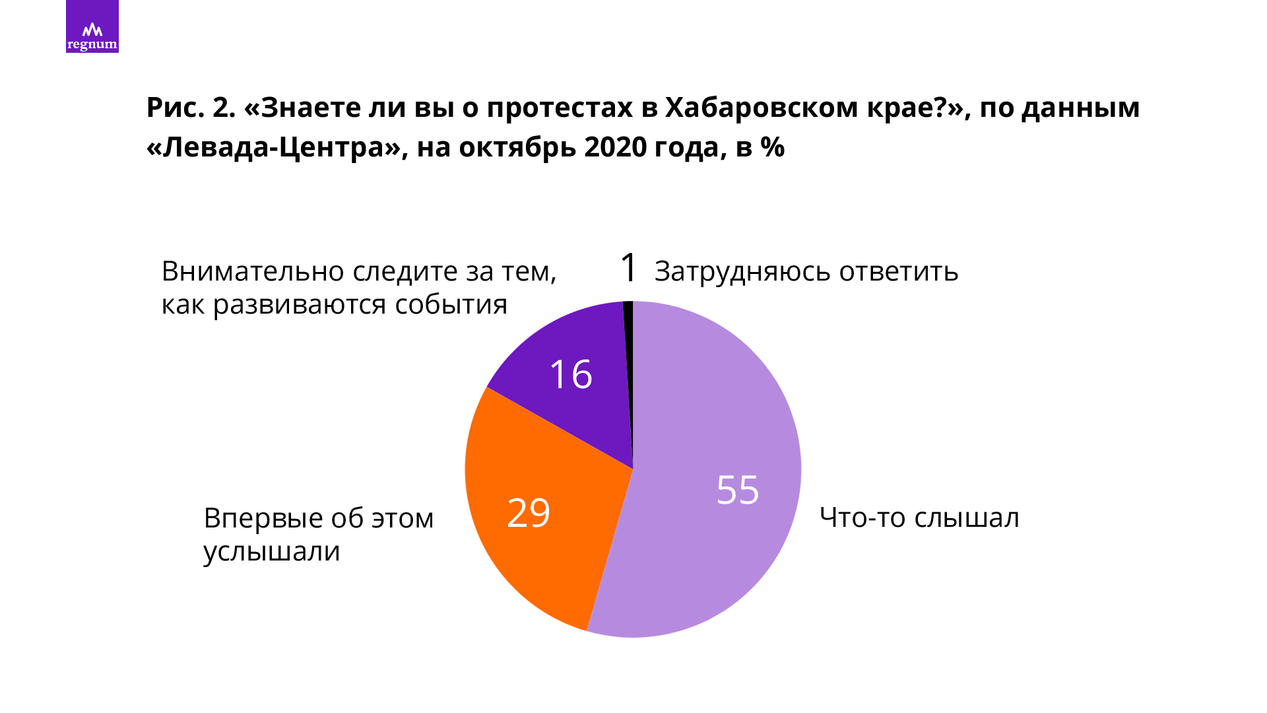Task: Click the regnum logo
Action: pyautogui.click(x=92, y=26)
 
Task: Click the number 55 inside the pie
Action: pyautogui.click(x=738, y=490)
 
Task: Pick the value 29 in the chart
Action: pyautogui.click(x=529, y=513)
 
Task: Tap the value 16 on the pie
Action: pyautogui.click(x=571, y=374)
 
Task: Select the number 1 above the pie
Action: pyautogui.click(x=629, y=268)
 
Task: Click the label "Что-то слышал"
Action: pyautogui.click(x=919, y=518)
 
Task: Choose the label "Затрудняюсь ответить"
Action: pyautogui.click(x=806, y=271)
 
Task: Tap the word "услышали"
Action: pyautogui.click(x=271, y=551)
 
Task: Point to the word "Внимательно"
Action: pyautogui.click(x=253, y=271)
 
